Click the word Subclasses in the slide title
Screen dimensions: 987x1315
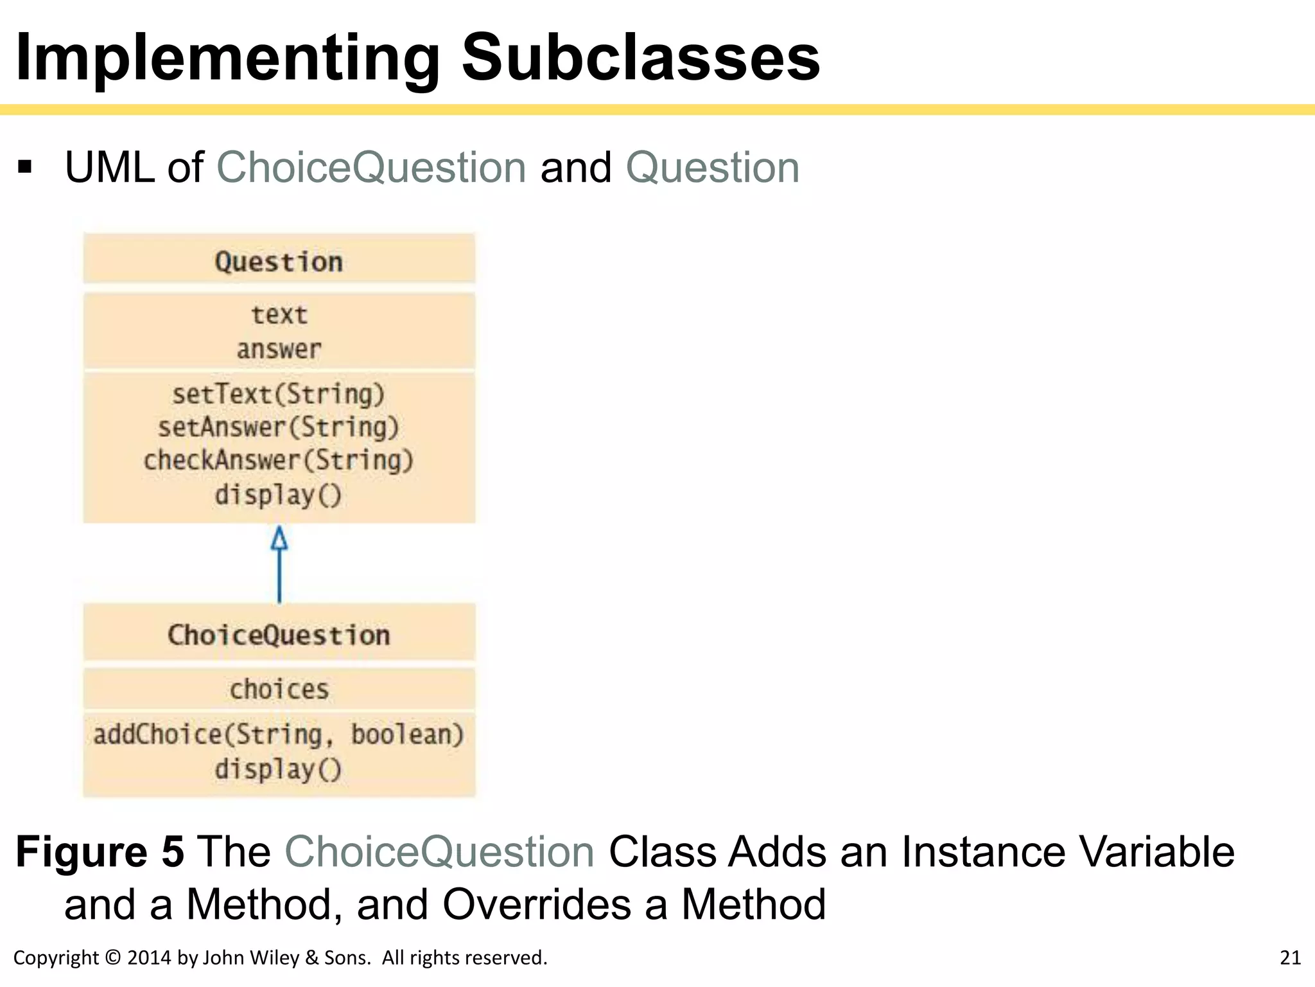pyautogui.click(x=640, y=58)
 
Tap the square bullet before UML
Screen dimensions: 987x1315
pyautogui.click(x=25, y=168)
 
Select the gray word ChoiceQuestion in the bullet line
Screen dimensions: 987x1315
pyautogui.click(x=372, y=168)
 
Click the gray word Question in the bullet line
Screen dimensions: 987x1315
pyautogui.click(x=712, y=168)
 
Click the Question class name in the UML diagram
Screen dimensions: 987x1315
pyautogui.click(x=279, y=262)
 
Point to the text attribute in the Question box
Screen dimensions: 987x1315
pyautogui.click(x=279, y=315)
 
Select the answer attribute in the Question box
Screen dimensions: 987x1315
pyautogui.click(x=279, y=350)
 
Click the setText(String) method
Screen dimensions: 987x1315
pyautogui.click(x=279, y=394)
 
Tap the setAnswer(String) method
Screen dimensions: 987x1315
pyautogui.click(x=279, y=427)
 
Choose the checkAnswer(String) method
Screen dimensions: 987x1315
pyautogui.click(x=279, y=460)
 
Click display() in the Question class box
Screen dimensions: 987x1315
pyautogui.click(x=279, y=495)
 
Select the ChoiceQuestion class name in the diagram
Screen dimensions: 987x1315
pyautogui.click(x=279, y=635)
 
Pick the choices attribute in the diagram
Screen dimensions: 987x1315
pyautogui.click(x=279, y=689)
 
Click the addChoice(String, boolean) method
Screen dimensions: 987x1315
pyautogui.click(x=279, y=734)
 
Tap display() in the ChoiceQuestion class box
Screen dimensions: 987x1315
pyautogui.click(x=279, y=769)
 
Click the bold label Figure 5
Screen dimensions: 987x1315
pyautogui.click(x=100, y=852)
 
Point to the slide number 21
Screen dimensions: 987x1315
pyautogui.click(x=1290, y=957)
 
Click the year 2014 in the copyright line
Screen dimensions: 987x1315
pyautogui.click(x=150, y=957)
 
